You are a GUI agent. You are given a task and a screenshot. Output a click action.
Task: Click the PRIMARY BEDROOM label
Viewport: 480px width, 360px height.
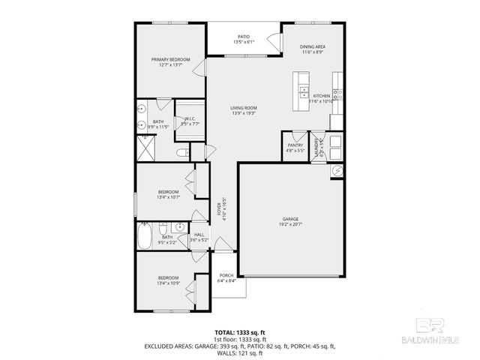point(170,59)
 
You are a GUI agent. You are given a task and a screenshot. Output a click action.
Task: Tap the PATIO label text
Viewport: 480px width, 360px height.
point(243,35)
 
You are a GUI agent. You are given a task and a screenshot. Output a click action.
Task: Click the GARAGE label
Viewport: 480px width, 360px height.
point(291,218)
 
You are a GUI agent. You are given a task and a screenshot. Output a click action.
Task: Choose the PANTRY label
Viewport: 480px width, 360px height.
point(295,145)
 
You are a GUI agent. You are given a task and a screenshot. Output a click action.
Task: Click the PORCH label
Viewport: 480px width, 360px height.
point(226,275)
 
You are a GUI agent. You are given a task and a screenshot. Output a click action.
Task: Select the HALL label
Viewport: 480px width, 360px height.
point(199,235)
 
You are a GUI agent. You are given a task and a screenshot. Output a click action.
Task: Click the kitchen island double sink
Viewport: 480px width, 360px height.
point(304,91)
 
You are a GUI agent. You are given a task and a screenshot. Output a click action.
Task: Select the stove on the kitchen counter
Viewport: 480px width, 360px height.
point(338,94)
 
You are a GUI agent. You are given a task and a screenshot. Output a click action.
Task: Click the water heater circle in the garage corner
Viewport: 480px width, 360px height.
point(337,172)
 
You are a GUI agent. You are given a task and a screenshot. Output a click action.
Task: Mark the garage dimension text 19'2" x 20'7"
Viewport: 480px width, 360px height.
point(291,224)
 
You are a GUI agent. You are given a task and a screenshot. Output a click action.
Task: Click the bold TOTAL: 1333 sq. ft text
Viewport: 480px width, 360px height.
point(239,331)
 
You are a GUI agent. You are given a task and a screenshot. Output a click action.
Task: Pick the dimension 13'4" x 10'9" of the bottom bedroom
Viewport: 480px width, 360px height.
point(169,283)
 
